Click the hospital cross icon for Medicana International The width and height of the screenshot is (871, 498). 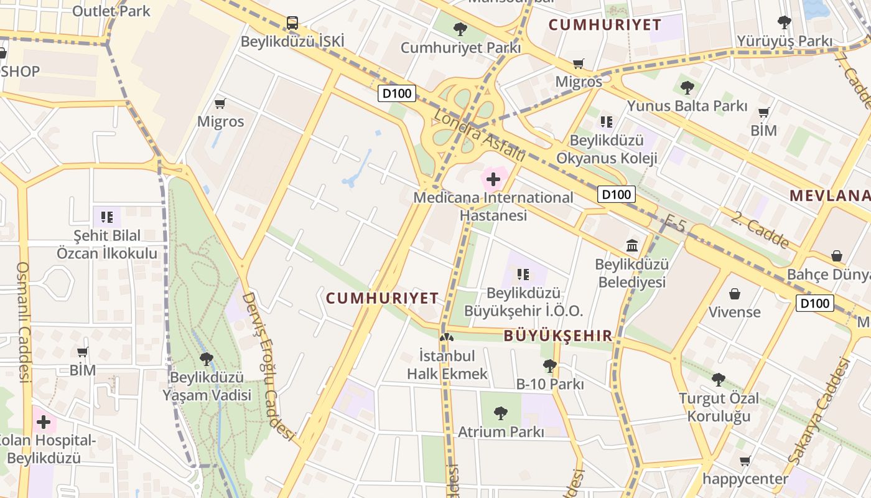[493, 180]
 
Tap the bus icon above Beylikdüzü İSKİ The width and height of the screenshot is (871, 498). [292, 23]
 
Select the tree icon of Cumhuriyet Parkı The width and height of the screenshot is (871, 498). [460, 29]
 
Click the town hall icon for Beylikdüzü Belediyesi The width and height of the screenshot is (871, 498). [632, 245]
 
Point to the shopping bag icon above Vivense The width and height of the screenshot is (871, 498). [735, 293]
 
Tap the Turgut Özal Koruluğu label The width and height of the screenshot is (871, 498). [719, 407]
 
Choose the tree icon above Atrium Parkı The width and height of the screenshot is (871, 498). [500, 413]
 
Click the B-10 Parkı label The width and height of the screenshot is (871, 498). [550, 384]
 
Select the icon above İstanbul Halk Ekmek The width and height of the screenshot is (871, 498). [447, 338]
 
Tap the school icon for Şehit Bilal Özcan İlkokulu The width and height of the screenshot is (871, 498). [107, 217]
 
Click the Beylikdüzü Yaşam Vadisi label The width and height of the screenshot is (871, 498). [207, 386]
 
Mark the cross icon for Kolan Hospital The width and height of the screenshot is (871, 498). [44, 422]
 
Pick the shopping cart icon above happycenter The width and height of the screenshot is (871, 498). [745, 461]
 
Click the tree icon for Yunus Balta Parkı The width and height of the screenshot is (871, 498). [687, 87]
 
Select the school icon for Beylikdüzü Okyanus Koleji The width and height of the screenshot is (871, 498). [607, 121]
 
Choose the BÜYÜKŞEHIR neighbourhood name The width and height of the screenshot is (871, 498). [558, 336]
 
